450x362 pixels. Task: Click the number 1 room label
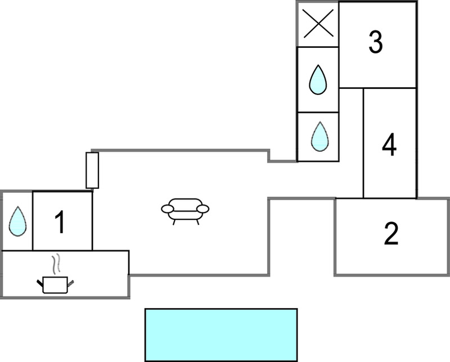click(60, 223)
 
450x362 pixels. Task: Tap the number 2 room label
click(391, 234)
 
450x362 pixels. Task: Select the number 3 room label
click(376, 42)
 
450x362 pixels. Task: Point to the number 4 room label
click(389, 146)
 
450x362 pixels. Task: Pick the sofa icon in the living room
click(185, 210)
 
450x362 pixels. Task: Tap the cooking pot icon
click(55, 284)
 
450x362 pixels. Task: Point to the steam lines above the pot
click(55, 263)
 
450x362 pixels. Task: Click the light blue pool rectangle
click(221, 334)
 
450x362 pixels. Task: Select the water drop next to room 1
click(17, 221)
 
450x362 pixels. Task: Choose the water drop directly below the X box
click(318, 80)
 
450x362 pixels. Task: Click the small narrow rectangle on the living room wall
click(92, 170)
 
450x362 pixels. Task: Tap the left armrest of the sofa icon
click(168, 209)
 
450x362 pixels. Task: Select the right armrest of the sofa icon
click(202, 209)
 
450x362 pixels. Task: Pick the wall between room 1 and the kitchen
click(62, 250)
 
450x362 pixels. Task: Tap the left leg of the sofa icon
click(174, 221)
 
